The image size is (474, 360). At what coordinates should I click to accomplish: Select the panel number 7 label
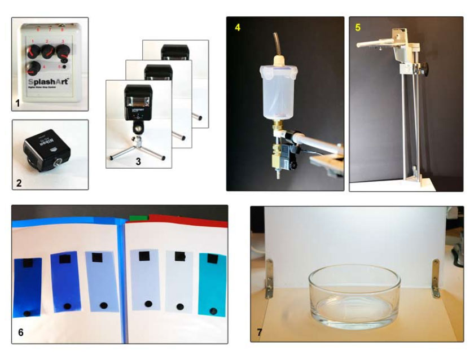click(260, 332)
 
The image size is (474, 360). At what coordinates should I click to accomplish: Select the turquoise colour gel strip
click(212, 283)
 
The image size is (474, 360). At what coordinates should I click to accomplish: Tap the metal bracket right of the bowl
click(436, 278)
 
